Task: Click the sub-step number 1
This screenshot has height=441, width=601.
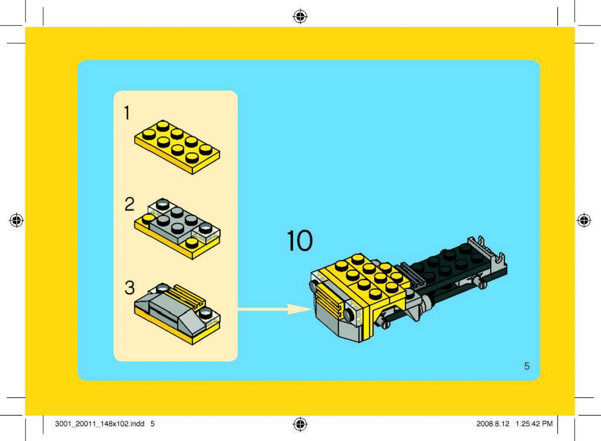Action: (x=127, y=113)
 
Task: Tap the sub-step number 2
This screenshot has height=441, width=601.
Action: (x=129, y=204)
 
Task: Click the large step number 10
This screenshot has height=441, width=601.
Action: (x=300, y=241)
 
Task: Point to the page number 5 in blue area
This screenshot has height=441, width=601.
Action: (x=527, y=366)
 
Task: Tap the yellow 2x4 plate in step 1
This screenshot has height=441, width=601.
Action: (x=177, y=147)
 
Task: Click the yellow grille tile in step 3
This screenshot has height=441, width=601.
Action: (x=186, y=295)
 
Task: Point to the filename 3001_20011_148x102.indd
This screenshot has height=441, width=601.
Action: (x=100, y=424)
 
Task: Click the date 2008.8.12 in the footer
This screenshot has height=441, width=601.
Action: (x=493, y=424)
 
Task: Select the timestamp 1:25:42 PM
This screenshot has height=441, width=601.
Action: (x=534, y=424)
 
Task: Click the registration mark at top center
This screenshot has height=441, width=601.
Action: (x=300, y=16)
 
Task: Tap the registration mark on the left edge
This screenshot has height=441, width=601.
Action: (x=16, y=220)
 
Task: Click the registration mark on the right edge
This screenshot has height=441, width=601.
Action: (x=584, y=220)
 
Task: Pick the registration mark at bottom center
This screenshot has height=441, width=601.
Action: (x=300, y=424)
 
